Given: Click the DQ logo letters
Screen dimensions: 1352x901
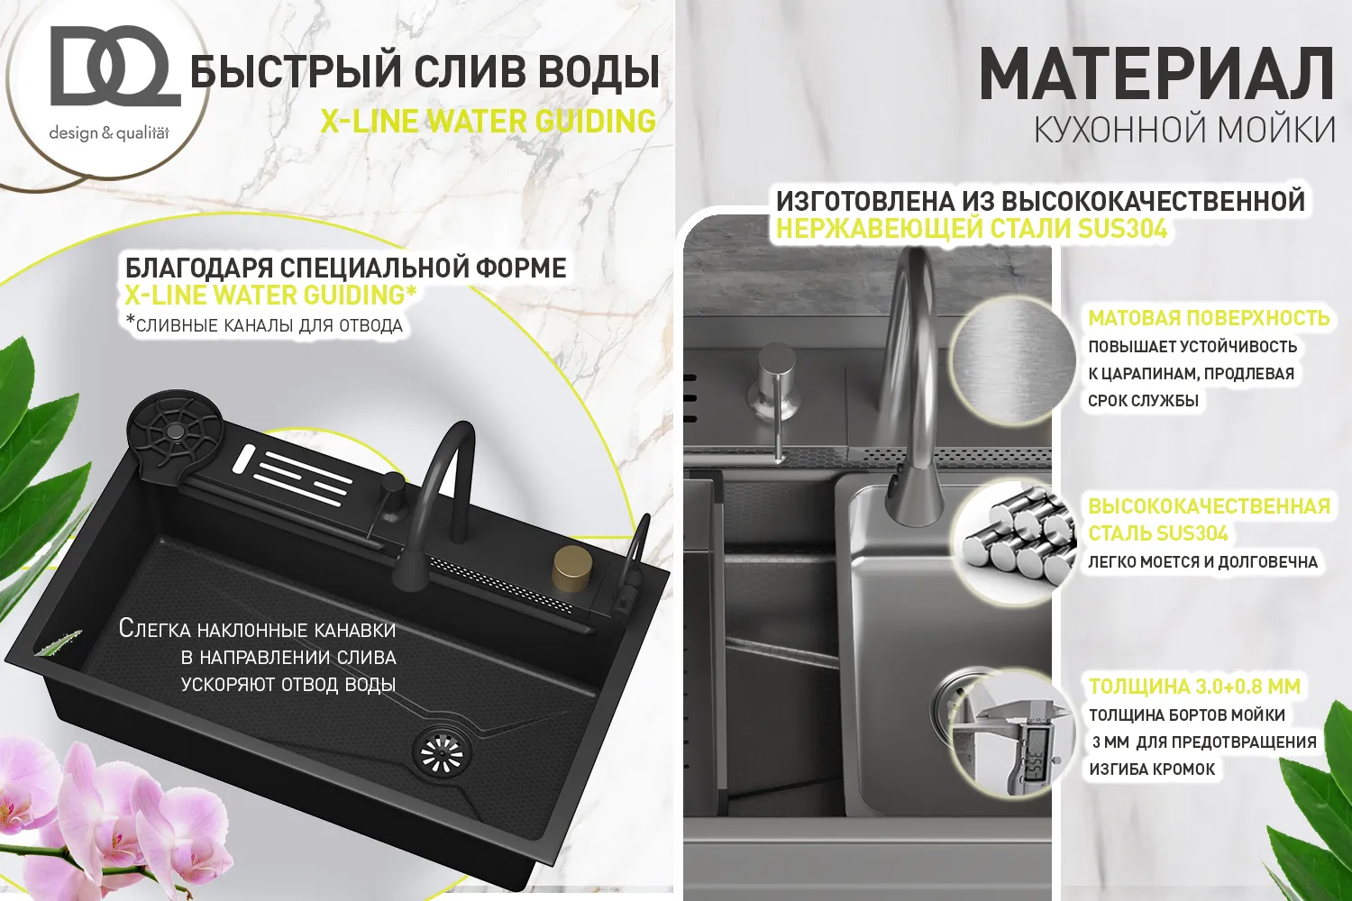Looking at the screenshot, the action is coord(115,67).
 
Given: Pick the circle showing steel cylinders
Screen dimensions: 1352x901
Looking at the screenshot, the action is coord(1013,538).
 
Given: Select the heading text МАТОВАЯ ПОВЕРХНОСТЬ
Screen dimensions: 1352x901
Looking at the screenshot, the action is coord(1209,318).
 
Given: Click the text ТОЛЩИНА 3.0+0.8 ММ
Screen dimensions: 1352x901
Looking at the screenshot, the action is coord(1194,687).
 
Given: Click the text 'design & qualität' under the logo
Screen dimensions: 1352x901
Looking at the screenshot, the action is coord(109,133).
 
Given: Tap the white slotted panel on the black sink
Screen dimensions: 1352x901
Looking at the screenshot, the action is coord(295,470).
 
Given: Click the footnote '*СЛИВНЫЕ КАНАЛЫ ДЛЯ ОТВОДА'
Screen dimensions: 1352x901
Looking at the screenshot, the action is coord(264,324).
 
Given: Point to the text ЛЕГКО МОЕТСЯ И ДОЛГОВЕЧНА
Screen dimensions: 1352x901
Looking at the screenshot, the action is coord(1202,562).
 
